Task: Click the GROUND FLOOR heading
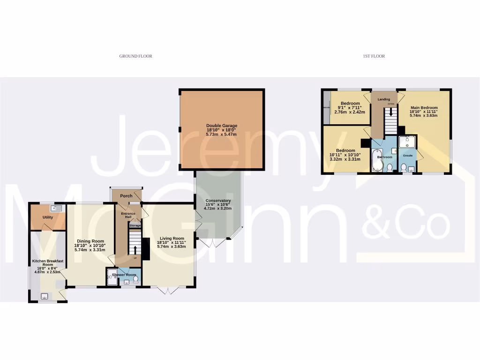[x=135, y=56]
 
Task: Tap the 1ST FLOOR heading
[x=374, y=56]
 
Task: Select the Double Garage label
[x=222, y=126]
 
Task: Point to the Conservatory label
[x=218, y=201]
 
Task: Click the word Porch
[x=126, y=196]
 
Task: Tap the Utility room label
[x=48, y=217]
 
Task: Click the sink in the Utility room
[x=57, y=208]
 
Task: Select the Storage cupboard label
[x=135, y=226]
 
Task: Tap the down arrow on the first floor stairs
[x=391, y=113]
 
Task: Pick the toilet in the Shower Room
[x=136, y=279]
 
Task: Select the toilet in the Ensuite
[x=404, y=166]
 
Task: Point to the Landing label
[x=384, y=99]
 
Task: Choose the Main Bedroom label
[x=424, y=108]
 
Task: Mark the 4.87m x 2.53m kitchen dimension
[x=47, y=271]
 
